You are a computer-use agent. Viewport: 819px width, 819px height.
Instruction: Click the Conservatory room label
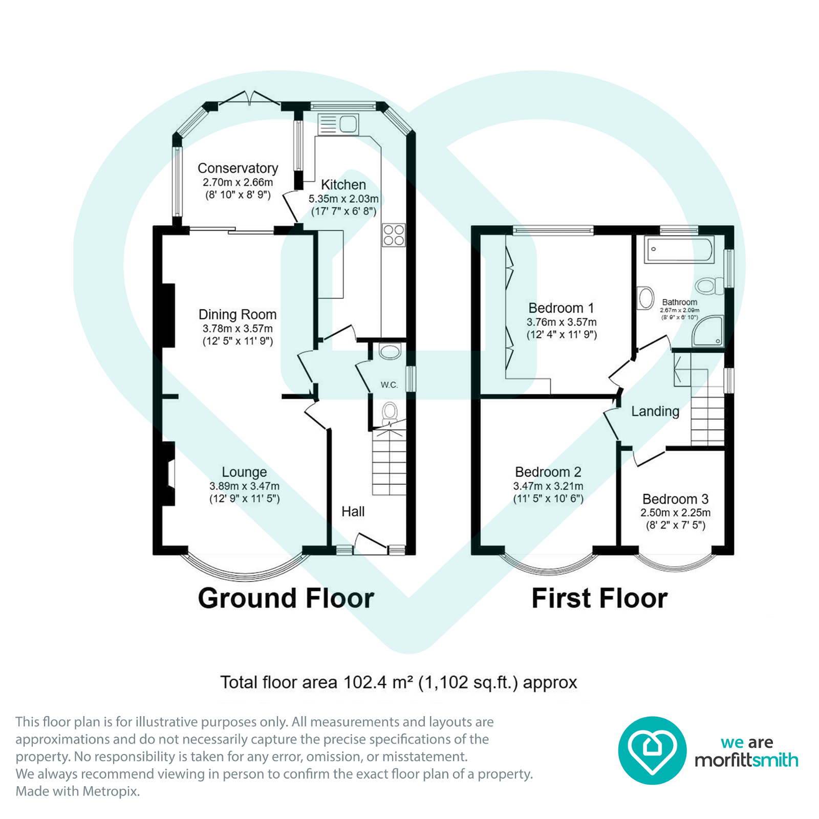238,168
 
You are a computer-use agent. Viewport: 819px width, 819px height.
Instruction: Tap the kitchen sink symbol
338,124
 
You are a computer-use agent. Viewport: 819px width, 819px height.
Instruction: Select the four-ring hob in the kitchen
394,235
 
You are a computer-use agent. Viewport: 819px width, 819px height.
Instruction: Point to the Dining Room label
238,315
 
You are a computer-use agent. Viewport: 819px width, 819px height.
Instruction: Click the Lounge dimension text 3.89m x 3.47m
244,486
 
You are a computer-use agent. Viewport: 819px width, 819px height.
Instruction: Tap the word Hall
353,511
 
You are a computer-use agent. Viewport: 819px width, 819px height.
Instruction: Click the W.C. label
389,385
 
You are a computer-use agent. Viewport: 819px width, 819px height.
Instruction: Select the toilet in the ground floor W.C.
390,412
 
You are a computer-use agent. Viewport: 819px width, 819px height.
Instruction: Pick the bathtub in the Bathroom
679,249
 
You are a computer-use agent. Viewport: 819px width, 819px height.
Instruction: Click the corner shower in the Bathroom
708,331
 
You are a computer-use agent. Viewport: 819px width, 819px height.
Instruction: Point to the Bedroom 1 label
561,308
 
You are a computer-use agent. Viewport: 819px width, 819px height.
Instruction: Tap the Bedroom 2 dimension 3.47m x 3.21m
548,486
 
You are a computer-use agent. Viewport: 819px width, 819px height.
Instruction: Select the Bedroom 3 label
675,499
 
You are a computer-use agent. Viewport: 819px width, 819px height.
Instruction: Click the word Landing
655,412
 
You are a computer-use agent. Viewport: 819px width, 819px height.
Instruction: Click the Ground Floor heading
286,598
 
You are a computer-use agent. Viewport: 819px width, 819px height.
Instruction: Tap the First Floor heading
599,598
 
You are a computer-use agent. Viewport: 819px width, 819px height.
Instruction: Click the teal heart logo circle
652,750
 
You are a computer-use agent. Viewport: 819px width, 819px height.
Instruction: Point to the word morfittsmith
746,760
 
